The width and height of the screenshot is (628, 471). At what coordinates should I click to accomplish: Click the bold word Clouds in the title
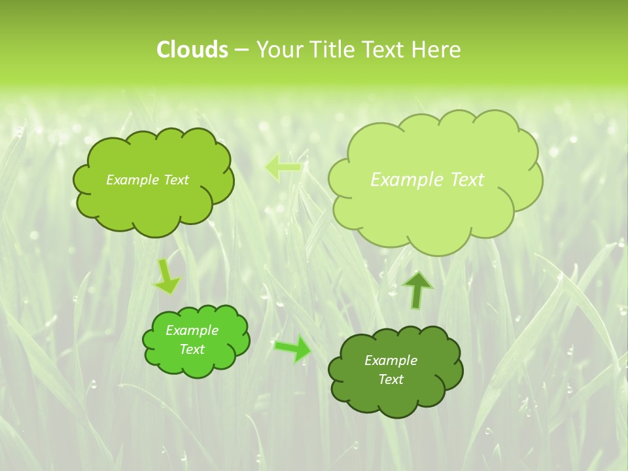tap(192, 50)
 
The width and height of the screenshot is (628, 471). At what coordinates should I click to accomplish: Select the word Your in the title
tap(277, 50)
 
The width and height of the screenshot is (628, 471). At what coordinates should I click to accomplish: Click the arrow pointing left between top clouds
tap(283, 167)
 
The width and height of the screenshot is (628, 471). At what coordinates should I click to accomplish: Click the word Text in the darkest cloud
tap(391, 379)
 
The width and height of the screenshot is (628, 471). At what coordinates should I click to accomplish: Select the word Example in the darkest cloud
tap(391, 360)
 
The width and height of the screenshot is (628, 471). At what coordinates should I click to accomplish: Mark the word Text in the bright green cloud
tap(192, 349)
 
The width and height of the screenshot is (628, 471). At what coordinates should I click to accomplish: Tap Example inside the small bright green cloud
tap(192, 330)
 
